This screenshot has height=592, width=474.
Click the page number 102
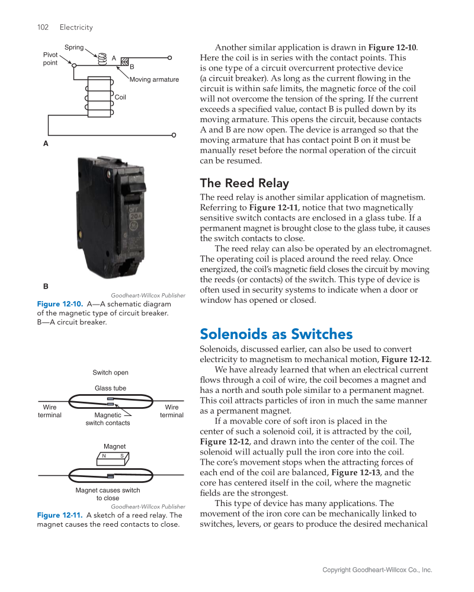43,27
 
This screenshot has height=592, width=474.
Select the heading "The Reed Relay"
244,183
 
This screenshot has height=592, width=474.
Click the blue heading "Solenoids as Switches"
276,334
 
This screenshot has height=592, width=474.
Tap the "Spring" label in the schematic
74,47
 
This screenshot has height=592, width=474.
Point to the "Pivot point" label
50,59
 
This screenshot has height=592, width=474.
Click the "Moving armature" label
154,79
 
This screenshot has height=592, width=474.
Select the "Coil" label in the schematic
120,97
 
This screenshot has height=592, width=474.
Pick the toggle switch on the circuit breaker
134,188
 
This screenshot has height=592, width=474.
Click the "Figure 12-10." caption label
60,304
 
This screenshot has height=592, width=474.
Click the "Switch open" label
110,372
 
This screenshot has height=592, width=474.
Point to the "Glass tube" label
110,388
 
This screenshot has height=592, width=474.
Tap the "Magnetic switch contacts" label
108,419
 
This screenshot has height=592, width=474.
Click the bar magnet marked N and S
112,456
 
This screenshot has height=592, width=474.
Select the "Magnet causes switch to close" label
108,494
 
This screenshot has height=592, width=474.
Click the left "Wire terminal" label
50,411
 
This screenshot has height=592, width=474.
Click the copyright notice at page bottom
377,570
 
